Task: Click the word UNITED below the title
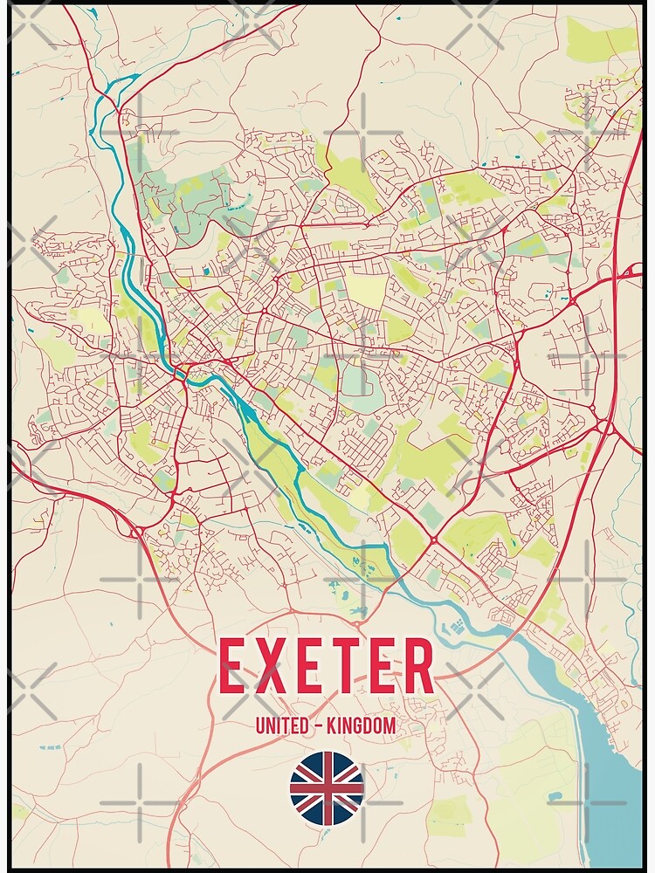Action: pos(280,725)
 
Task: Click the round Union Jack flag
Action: pos(327,788)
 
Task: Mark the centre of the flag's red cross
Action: pos(327,788)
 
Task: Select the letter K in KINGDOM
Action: pos(332,725)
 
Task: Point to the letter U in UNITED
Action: pos(259,725)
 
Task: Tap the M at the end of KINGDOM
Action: pos(390,725)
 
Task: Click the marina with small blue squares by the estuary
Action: pos(457,627)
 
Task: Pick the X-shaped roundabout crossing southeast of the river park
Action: pos(434,540)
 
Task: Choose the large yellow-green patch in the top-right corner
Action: pos(601,39)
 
